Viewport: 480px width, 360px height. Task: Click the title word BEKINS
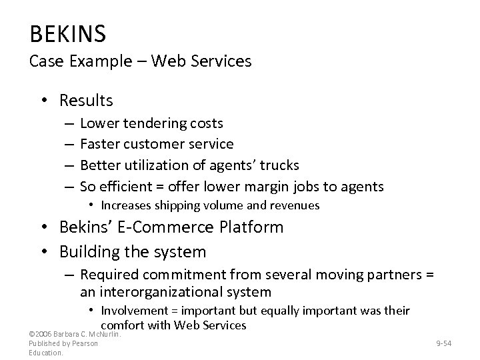click(x=68, y=32)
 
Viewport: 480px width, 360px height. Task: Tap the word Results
click(x=86, y=101)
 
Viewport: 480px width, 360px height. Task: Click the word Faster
click(x=100, y=144)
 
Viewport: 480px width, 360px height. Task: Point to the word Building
click(x=89, y=253)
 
